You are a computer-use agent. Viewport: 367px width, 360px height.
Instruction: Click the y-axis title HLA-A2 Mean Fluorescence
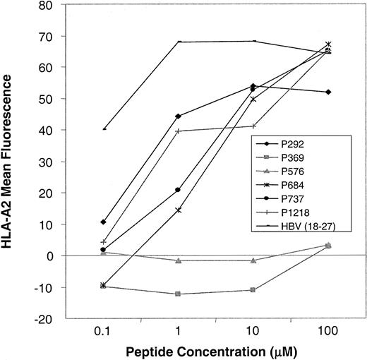[11, 162]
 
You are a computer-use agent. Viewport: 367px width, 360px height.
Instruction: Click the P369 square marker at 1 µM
[179, 294]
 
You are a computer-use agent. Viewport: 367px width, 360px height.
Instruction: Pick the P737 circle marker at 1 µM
[179, 190]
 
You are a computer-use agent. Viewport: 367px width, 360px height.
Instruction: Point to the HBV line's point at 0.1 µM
[104, 128]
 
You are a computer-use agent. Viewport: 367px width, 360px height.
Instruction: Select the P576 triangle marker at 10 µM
[254, 260]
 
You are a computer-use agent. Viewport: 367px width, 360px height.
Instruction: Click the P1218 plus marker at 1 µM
[179, 131]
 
